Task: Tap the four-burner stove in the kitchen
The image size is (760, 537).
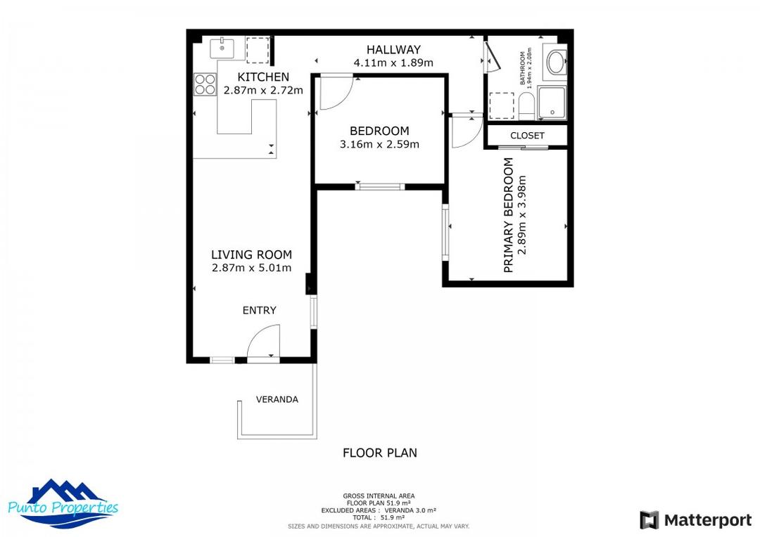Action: pyautogui.click(x=205, y=85)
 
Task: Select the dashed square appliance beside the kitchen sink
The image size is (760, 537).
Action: pyautogui.click(x=257, y=49)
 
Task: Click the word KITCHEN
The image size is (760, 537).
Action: pyautogui.click(x=262, y=77)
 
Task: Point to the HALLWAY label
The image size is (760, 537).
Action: pyautogui.click(x=393, y=49)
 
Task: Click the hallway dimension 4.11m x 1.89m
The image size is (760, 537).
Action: pyautogui.click(x=393, y=63)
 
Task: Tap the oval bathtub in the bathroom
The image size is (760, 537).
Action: pyautogui.click(x=555, y=62)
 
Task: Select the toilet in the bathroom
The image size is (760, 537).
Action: pyautogui.click(x=526, y=105)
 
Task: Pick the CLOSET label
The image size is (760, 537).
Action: pyautogui.click(x=527, y=136)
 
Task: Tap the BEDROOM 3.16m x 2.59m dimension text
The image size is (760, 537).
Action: pyautogui.click(x=379, y=145)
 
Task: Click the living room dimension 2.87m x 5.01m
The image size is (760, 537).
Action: pyautogui.click(x=251, y=268)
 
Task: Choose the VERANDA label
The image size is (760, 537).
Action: pyautogui.click(x=277, y=399)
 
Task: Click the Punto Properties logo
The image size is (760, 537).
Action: pyautogui.click(x=63, y=503)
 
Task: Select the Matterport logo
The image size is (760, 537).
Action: pyautogui.click(x=695, y=520)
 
